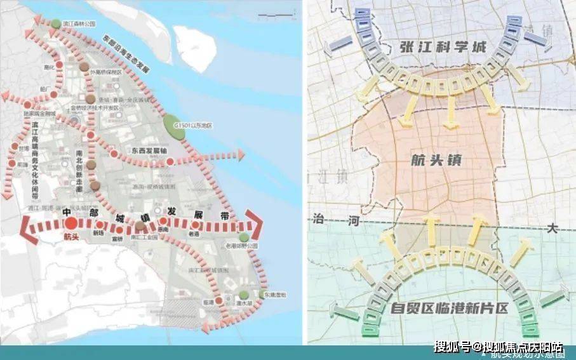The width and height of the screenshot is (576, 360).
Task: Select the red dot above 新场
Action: click(100, 225)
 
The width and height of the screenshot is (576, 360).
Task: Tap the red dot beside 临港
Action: click(218, 300)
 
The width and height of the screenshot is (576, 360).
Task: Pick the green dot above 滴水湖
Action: click(243, 294)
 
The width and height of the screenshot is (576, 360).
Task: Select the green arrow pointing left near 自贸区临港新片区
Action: click(344, 309)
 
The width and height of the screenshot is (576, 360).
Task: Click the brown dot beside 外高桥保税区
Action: click(84, 67)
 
